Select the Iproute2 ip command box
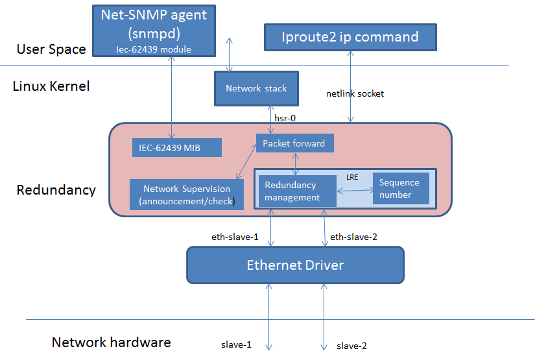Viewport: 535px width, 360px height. coord(350,37)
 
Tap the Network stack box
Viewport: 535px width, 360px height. coord(256,88)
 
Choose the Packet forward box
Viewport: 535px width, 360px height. coord(294,143)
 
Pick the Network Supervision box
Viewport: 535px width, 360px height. coord(186,195)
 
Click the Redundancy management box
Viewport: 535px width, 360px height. coord(297,191)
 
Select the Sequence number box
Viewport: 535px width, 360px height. coord(400,189)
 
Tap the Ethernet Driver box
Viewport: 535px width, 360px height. coord(295,265)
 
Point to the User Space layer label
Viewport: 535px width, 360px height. coord(51,49)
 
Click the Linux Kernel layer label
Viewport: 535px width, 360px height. coord(51,86)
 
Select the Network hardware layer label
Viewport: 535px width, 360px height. coord(111,342)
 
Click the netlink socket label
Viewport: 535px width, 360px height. coord(355,94)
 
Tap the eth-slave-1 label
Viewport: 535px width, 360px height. coord(235,237)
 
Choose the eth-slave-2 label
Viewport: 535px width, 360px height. coord(353,237)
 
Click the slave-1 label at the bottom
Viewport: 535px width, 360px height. coord(236,345)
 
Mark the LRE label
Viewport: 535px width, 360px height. coord(352,177)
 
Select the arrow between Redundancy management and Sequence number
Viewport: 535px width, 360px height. coord(354,191)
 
